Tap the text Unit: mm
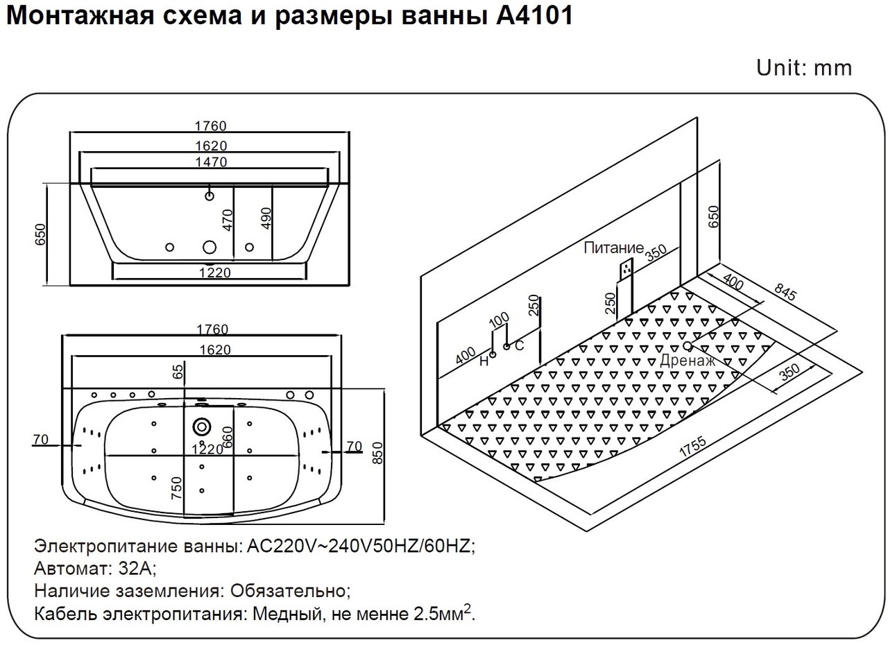point(804,68)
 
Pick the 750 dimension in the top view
point(177,488)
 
